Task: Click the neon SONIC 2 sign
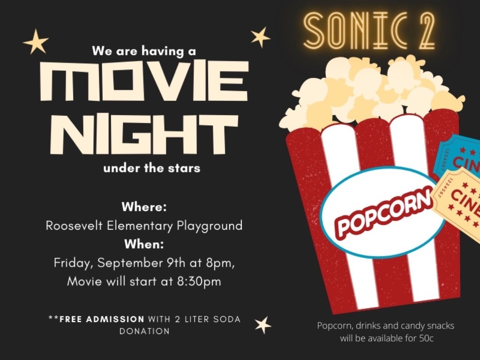click(369, 30)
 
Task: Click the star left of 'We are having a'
click(36, 42)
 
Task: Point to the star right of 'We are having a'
click(260, 37)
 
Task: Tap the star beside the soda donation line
click(263, 325)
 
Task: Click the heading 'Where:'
click(144, 207)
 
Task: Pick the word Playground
click(210, 226)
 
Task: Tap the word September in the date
click(130, 263)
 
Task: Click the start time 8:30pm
click(199, 282)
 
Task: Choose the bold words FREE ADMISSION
click(102, 319)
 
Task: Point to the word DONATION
click(144, 331)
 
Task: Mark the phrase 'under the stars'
click(152, 168)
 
